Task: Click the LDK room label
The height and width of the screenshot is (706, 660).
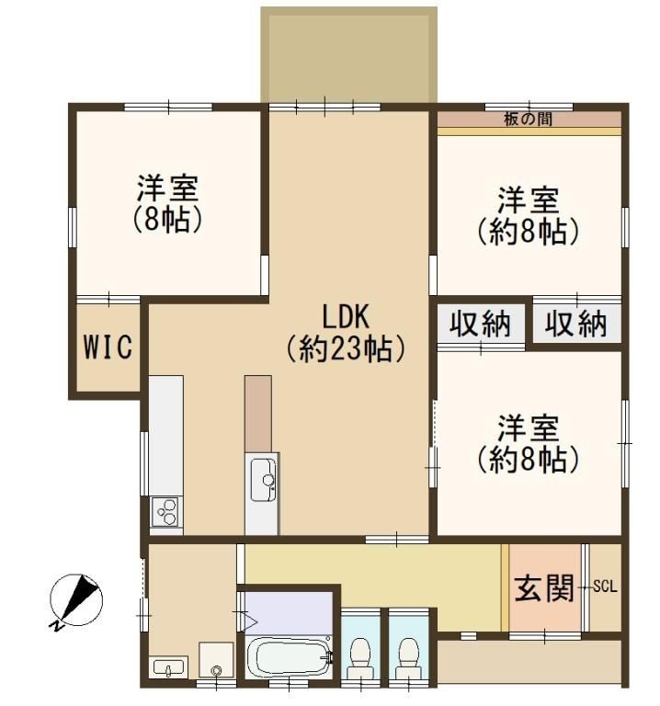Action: [347, 316]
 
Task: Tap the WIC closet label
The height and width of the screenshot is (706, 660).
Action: [108, 347]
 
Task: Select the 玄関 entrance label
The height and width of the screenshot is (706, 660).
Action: [544, 588]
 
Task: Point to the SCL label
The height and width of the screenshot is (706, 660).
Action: [605, 586]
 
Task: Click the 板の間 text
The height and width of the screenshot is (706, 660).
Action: [528, 119]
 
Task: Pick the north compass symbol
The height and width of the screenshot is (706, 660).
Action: [75, 601]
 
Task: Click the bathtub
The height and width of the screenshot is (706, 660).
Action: [288, 656]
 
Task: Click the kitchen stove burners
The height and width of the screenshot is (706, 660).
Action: [166, 511]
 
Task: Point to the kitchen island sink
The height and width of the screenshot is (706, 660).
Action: [264, 480]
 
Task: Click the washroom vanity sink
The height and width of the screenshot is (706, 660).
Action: [168, 667]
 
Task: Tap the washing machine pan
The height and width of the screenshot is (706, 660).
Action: [217, 660]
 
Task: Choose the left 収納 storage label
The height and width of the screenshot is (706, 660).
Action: [481, 325]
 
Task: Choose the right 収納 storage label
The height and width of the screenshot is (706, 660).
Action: [575, 325]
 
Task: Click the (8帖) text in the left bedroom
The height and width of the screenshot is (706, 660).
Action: [167, 220]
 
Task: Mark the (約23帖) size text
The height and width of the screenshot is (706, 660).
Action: [347, 349]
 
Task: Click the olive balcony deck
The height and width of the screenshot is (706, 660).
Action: [349, 55]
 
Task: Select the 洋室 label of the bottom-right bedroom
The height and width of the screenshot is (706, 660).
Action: [528, 428]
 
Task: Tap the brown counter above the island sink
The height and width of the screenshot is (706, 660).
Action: [258, 414]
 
